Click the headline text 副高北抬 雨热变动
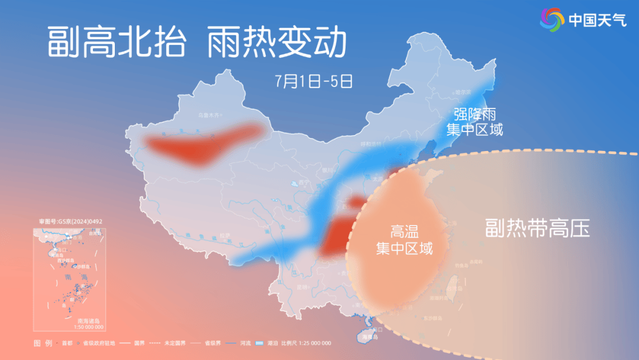coord(195,41)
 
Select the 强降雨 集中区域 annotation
coord(474,122)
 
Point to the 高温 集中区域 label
coord(405,239)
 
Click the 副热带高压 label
coord(537,228)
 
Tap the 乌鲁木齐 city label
coord(208,115)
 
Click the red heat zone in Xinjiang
coord(204,144)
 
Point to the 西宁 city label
coord(304,182)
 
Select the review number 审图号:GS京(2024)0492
coord(71,221)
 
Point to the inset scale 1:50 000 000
coord(89,327)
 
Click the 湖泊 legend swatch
coord(260,343)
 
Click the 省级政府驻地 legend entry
coord(98,343)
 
